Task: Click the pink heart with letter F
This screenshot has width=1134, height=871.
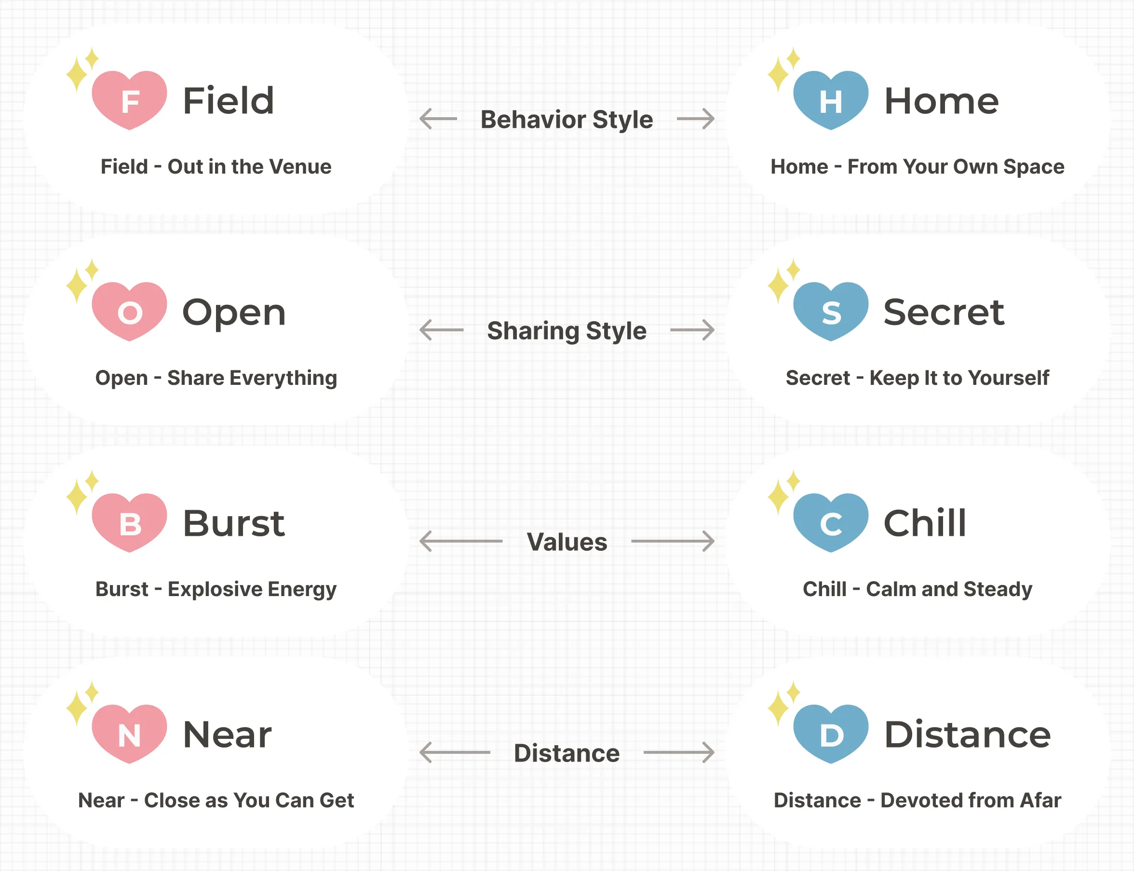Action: coord(130,100)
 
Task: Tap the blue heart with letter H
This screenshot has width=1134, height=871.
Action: coord(831,100)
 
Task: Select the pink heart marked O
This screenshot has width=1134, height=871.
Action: coord(130,311)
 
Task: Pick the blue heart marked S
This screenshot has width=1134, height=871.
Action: coord(831,311)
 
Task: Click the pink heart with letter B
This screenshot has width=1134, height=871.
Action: coord(130,523)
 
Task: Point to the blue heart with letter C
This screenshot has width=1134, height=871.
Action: coord(831,523)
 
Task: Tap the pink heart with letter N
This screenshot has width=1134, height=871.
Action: coord(130,734)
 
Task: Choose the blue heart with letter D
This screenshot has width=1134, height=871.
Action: coord(831,734)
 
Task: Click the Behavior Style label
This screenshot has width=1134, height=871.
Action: coord(567,120)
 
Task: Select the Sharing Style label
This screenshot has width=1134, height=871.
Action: coord(567,331)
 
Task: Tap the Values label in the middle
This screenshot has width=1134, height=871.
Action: coord(567,542)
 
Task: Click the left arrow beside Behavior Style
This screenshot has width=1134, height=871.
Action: coord(438,119)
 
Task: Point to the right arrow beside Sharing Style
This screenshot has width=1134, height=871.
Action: coord(692,330)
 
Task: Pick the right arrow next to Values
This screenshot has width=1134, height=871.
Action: coord(673,541)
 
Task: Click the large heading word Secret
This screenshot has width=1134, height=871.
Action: coord(944,312)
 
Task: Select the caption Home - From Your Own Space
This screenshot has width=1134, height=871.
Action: coord(918,167)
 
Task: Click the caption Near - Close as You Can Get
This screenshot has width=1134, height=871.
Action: coord(216,800)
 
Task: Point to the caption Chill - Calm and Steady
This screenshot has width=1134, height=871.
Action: coord(918,589)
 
